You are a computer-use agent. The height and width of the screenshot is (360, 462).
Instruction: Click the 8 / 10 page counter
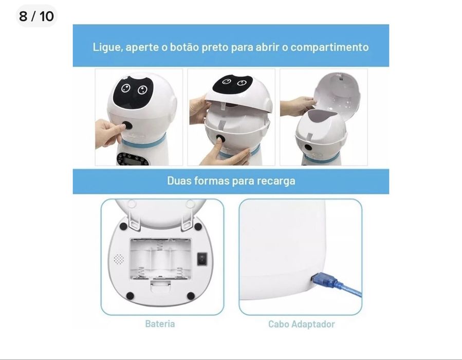click(36, 16)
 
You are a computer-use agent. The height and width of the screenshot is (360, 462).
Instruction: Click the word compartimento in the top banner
click(329, 47)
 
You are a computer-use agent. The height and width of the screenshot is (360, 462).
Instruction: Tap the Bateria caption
click(160, 324)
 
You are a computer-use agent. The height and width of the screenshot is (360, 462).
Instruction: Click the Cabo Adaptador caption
click(301, 324)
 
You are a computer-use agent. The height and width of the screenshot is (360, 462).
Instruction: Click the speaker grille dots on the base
click(119, 259)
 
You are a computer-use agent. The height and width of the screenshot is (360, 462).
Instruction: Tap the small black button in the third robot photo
click(308, 148)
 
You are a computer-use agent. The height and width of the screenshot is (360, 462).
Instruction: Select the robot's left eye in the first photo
click(125, 88)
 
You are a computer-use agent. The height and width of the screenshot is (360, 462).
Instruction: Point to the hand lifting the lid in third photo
click(295, 105)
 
